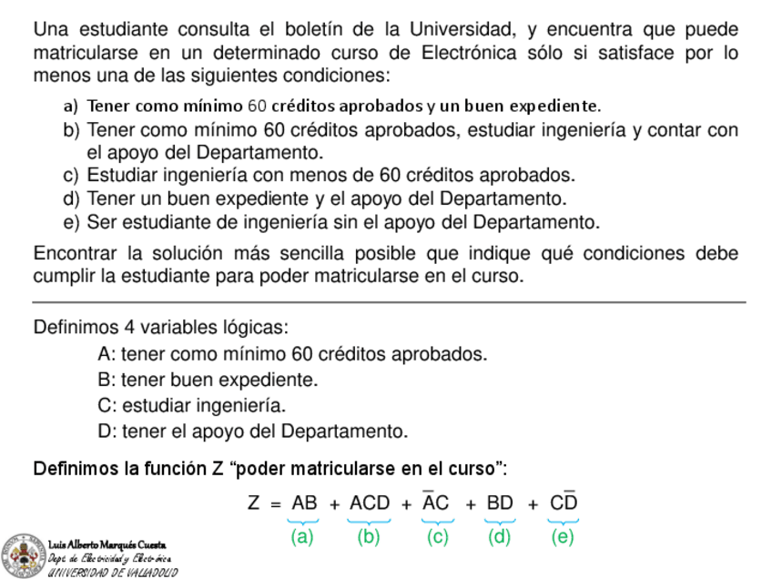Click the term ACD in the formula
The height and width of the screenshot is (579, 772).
coord(369,503)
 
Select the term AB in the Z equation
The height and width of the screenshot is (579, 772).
coord(304,503)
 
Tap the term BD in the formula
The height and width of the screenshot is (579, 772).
coord(500,503)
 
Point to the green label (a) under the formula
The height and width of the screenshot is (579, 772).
coord(302,537)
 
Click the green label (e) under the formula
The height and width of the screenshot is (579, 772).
coord(563,537)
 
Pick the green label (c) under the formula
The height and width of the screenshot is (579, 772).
coord(438,537)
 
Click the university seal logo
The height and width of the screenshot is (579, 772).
coord(21,554)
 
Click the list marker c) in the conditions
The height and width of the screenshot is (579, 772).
coord(71,175)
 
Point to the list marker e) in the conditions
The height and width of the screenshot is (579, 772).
coord(71,222)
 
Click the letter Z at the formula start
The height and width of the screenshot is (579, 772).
coord(255,503)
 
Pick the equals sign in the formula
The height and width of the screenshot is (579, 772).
coord(275,503)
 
